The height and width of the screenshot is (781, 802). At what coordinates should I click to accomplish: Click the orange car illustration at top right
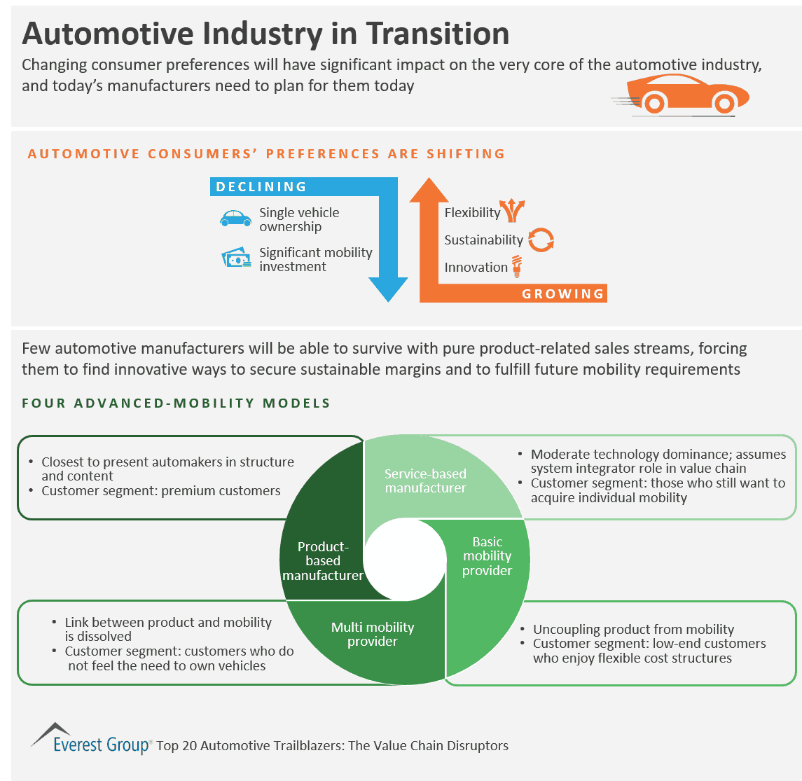click(x=683, y=93)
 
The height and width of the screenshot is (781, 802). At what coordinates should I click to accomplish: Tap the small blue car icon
click(x=235, y=219)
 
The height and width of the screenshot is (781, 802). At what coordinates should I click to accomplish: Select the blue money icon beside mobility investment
click(x=236, y=258)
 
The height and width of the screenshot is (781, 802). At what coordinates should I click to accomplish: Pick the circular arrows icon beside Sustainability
click(x=541, y=240)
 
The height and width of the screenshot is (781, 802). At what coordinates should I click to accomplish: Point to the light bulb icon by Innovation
click(x=517, y=266)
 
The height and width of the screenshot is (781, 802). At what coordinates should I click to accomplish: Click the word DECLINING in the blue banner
click(x=261, y=187)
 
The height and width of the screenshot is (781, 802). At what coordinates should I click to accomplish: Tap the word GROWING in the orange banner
click(x=562, y=293)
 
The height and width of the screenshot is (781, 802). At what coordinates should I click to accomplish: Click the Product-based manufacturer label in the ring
click(x=323, y=560)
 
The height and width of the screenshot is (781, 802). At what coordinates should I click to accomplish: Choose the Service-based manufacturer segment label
click(x=425, y=481)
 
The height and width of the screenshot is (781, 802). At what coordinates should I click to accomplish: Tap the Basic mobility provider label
click(x=488, y=556)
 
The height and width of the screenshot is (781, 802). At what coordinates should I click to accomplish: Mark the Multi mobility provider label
click(x=373, y=634)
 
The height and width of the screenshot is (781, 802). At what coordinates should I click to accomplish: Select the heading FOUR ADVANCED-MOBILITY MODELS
click(x=176, y=403)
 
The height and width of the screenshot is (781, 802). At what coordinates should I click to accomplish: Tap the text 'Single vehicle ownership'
click(x=299, y=219)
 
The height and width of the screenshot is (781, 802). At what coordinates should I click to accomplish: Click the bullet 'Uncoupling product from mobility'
click(x=633, y=629)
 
